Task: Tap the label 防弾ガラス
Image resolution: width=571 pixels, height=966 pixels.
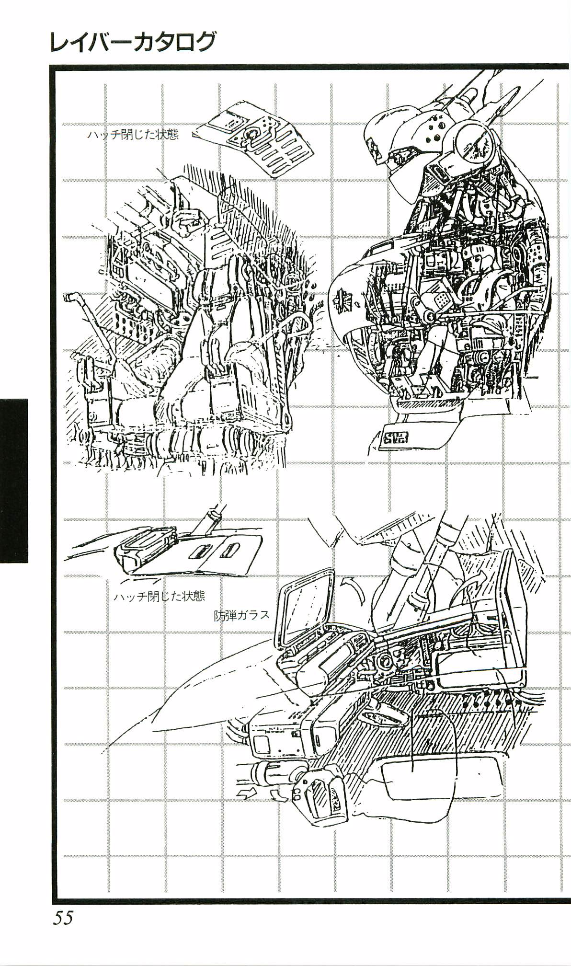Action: tap(242, 615)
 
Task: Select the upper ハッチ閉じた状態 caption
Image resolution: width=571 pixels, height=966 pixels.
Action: tap(133, 135)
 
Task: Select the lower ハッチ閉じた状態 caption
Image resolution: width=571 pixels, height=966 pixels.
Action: tap(160, 596)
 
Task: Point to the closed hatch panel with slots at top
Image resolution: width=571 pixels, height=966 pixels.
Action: tap(256, 139)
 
